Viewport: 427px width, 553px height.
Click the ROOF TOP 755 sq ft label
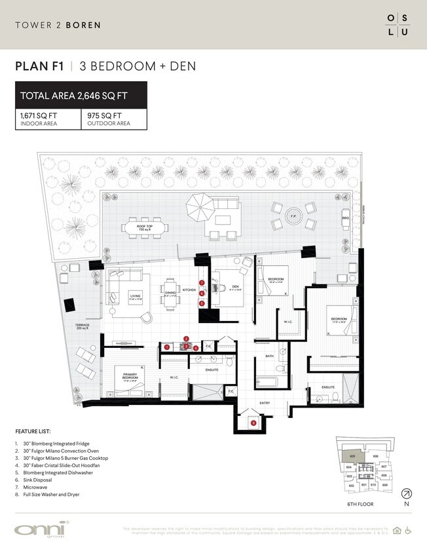143,228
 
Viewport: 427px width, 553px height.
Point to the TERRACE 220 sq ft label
83,327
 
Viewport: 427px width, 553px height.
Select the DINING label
171,294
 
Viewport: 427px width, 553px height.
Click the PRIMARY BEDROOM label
129,377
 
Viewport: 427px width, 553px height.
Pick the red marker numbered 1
167,347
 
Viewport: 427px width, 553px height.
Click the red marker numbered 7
202,283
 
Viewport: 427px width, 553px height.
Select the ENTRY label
265,403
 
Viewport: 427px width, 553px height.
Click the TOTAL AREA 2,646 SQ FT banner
81,96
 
